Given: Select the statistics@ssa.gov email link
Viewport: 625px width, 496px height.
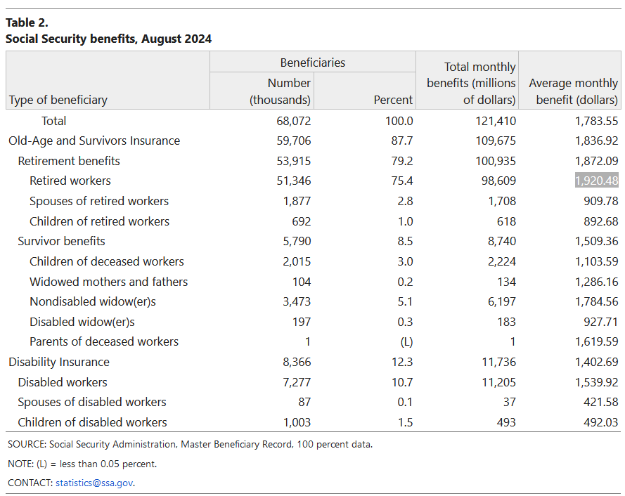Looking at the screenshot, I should point(94,483).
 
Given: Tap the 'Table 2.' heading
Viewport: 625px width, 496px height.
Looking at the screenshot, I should point(27,22).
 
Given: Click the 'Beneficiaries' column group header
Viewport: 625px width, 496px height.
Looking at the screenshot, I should point(313,63).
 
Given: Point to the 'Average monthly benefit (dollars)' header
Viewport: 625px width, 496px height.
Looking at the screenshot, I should point(573,91).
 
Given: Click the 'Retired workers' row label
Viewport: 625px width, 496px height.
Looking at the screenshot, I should point(70,181).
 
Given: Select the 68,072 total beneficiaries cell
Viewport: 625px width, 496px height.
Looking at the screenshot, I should point(294,121).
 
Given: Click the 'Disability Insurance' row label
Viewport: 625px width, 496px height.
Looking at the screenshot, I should point(59,362).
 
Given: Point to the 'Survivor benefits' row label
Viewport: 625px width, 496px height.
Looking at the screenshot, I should point(62,241).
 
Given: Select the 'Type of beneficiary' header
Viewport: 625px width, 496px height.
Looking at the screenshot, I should point(58,100).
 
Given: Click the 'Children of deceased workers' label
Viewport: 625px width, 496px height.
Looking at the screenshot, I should point(107,261).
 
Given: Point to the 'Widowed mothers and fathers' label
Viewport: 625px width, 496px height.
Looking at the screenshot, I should point(109,282).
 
